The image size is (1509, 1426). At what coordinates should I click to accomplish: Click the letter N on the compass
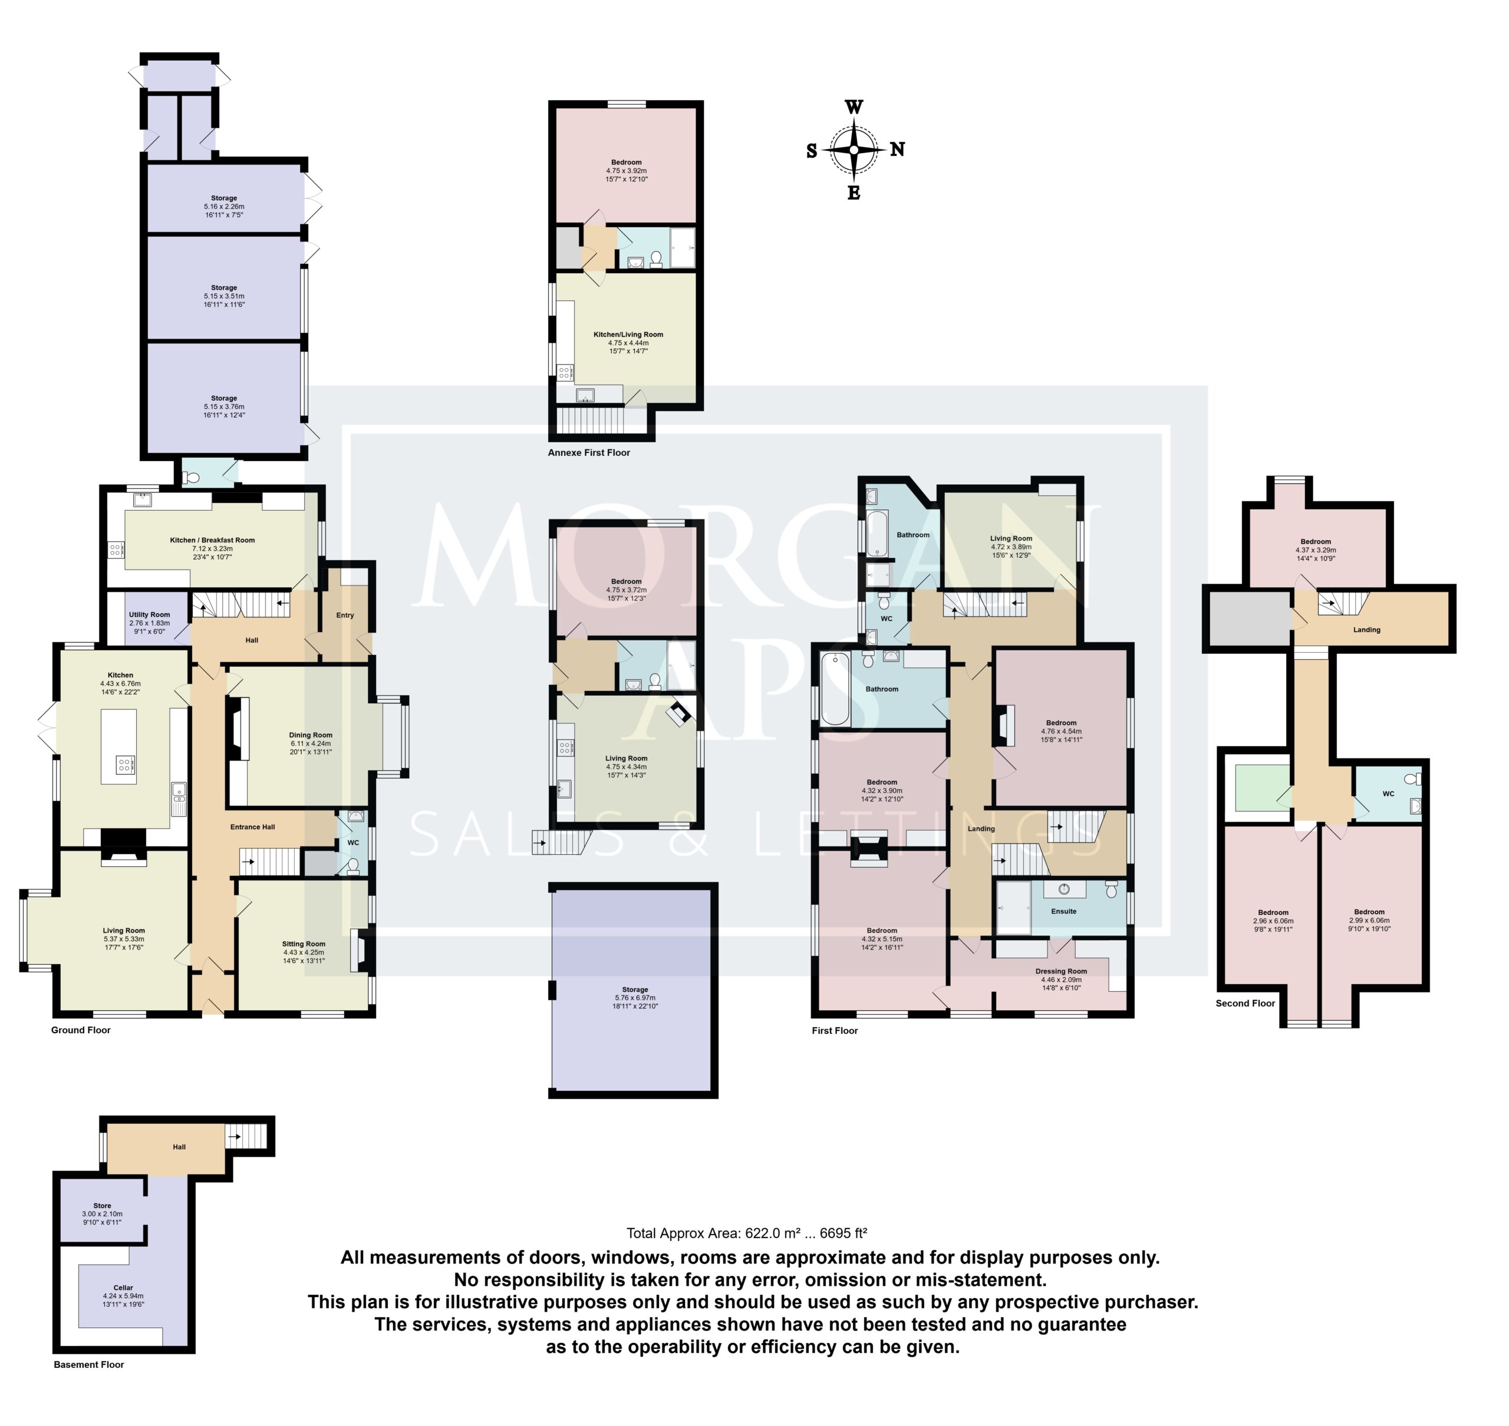tap(898, 149)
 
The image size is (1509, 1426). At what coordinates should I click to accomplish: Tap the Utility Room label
tap(149, 615)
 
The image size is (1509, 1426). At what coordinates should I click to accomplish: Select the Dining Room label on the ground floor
tap(310, 735)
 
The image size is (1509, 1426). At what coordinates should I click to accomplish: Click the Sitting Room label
tap(304, 944)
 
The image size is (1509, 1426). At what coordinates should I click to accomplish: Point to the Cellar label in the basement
tap(123, 1288)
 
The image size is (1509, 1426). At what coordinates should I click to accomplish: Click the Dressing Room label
tap(1061, 971)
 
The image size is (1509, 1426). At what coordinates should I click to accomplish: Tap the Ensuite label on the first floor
tap(1063, 911)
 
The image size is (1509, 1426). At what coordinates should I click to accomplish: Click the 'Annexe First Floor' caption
tap(589, 452)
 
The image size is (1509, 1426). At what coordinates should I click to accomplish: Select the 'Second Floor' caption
tap(1245, 1003)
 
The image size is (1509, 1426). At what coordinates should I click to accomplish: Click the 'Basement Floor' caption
tap(89, 1386)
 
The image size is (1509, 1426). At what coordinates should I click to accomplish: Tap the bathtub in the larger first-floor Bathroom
tap(835, 689)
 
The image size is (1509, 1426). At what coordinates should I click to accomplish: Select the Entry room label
tap(345, 616)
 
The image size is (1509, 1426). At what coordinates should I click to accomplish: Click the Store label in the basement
tap(102, 1206)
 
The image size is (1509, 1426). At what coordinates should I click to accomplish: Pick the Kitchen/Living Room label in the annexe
tap(628, 335)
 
